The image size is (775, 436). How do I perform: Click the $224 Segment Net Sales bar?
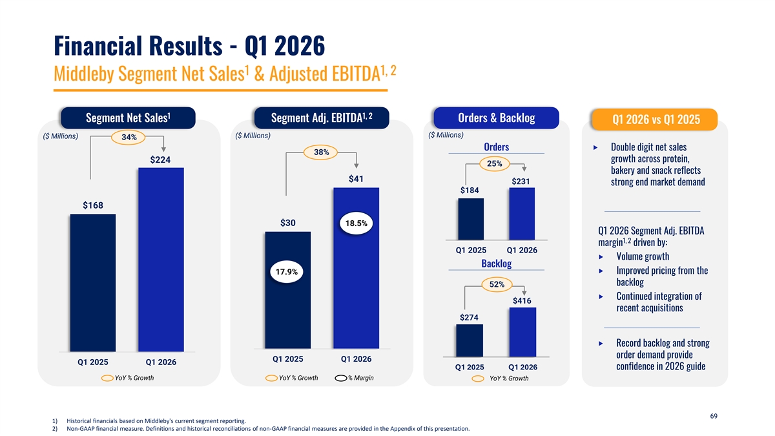[x=161, y=260]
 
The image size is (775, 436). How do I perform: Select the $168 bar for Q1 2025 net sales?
[x=93, y=283]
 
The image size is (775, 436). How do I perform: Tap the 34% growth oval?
[x=129, y=138]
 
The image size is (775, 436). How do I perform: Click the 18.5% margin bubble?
[x=356, y=223]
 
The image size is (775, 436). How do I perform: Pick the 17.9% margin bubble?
[x=287, y=272]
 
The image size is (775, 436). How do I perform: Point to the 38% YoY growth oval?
[x=321, y=152]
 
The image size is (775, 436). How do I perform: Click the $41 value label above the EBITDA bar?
[x=356, y=179]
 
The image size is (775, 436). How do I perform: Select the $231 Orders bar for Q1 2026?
[x=522, y=214]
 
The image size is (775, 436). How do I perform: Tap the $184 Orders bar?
[x=471, y=219]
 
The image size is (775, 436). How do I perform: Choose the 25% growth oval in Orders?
[x=495, y=163]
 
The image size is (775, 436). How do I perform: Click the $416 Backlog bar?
[x=522, y=332]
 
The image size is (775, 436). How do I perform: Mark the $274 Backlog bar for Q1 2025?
[x=470, y=340]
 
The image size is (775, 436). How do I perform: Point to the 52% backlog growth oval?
[x=497, y=284]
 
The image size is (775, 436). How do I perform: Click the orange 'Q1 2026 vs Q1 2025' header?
[x=655, y=119]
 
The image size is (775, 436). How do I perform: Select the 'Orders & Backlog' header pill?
[x=496, y=118]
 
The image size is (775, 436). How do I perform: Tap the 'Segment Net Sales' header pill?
[x=128, y=118]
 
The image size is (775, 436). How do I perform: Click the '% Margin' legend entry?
[x=355, y=378]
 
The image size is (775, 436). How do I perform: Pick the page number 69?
[x=714, y=416]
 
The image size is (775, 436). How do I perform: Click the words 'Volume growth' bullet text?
[x=643, y=256]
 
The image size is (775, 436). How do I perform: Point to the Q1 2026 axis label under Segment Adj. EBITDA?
[x=356, y=359]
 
